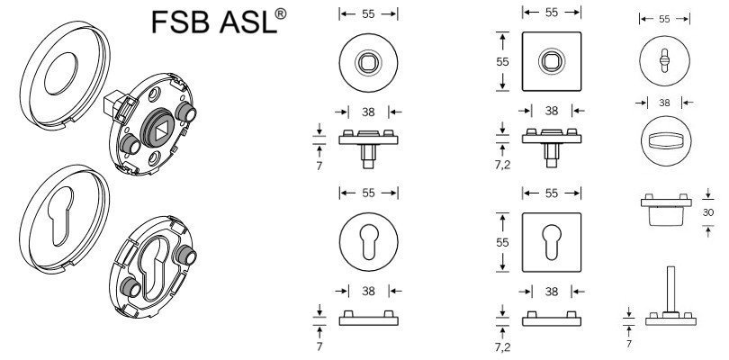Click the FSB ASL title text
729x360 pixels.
[219, 22]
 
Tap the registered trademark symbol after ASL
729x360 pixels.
[280, 14]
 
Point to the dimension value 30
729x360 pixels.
[708, 212]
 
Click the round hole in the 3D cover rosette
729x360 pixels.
[61, 74]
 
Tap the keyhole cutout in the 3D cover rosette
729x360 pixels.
[62, 215]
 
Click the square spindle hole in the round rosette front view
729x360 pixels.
[368, 62]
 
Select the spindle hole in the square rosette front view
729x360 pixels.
[552, 61]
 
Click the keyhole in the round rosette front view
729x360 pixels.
[369, 242]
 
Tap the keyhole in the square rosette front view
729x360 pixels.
[552, 242]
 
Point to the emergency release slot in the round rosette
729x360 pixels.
[664, 60]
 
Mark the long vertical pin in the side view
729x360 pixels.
[670, 289]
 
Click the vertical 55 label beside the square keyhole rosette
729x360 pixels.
[502, 242]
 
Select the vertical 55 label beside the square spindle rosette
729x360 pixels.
[502, 61]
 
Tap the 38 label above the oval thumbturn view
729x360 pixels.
[665, 103]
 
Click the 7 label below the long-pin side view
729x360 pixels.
[628, 344]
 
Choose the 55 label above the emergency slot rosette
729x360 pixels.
[664, 19]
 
